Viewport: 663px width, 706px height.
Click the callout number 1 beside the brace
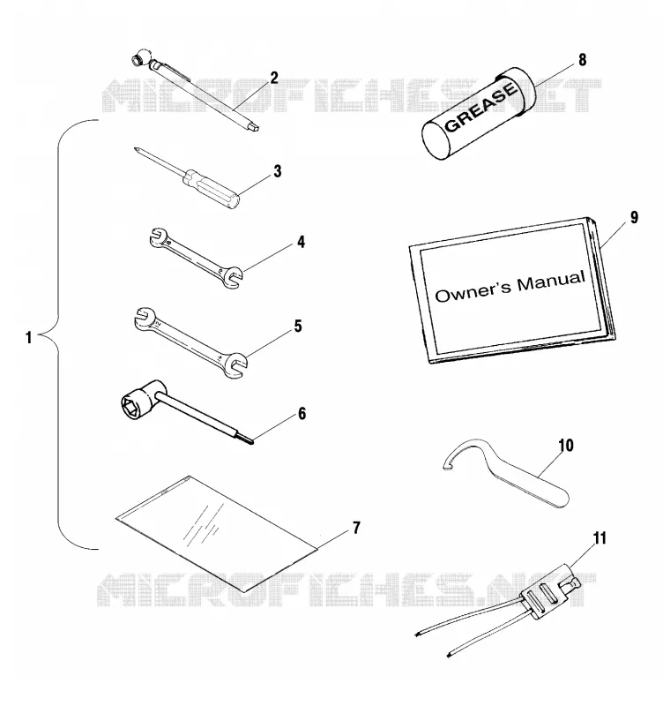(x=29, y=337)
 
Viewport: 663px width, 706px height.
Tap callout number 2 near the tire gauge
(x=274, y=78)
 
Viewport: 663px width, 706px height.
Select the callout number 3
(x=278, y=171)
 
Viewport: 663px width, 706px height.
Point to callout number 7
(x=356, y=528)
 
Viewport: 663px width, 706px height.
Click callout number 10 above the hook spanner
(x=566, y=446)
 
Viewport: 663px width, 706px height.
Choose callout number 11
(x=600, y=538)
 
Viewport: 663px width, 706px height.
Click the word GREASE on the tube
(x=480, y=106)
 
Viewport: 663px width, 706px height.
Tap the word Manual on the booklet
(x=551, y=281)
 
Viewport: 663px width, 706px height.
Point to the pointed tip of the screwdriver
(x=135, y=148)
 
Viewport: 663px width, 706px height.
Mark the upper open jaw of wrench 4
(x=158, y=237)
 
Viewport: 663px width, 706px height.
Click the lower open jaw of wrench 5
(x=235, y=365)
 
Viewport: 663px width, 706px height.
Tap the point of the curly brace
(x=40, y=335)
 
